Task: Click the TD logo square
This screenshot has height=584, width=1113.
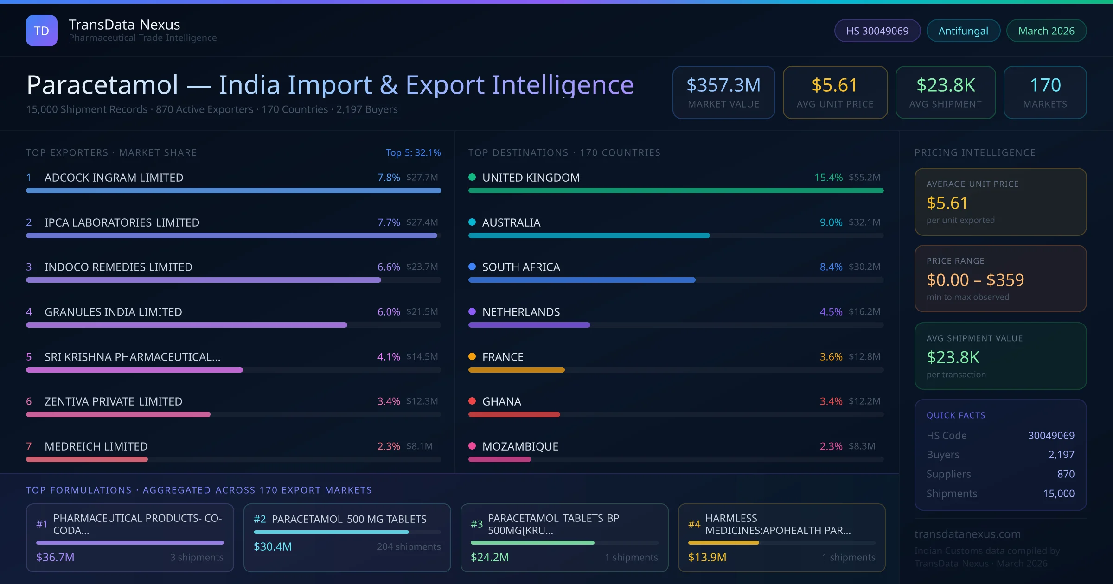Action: click(42, 31)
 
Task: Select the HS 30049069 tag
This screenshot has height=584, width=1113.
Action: click(877, 31)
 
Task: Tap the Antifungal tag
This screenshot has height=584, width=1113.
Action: click(963, 31)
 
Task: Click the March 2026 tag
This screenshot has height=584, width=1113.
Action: click(1046, 31)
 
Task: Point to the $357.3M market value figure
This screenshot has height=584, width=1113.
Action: click(723, 85)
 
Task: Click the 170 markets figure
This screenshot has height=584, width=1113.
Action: click(1045, 85)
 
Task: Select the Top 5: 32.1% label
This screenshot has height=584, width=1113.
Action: click(413, 152)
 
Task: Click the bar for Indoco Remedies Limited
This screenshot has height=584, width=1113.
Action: click(203, 280)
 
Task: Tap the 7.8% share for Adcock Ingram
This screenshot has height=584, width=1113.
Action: click(388, 178)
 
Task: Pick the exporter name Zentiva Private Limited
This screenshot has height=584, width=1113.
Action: click(113, 401)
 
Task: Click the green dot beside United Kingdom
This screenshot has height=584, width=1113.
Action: click(472, 177)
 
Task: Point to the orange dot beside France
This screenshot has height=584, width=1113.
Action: click(472, 356)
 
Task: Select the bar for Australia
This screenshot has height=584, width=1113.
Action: click(589, 235)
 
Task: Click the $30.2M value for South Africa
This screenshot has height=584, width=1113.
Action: click(864, 267)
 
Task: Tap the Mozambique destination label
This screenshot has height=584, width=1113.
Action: click(520, 446)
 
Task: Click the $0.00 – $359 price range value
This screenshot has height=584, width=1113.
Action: click(975, 280)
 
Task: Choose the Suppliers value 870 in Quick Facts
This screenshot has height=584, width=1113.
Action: click(1066, 474)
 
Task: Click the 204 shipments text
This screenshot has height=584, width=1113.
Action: click(409, 546)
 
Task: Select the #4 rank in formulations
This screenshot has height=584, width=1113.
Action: click(694, 524)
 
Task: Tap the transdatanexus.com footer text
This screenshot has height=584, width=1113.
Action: click(967, 534)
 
